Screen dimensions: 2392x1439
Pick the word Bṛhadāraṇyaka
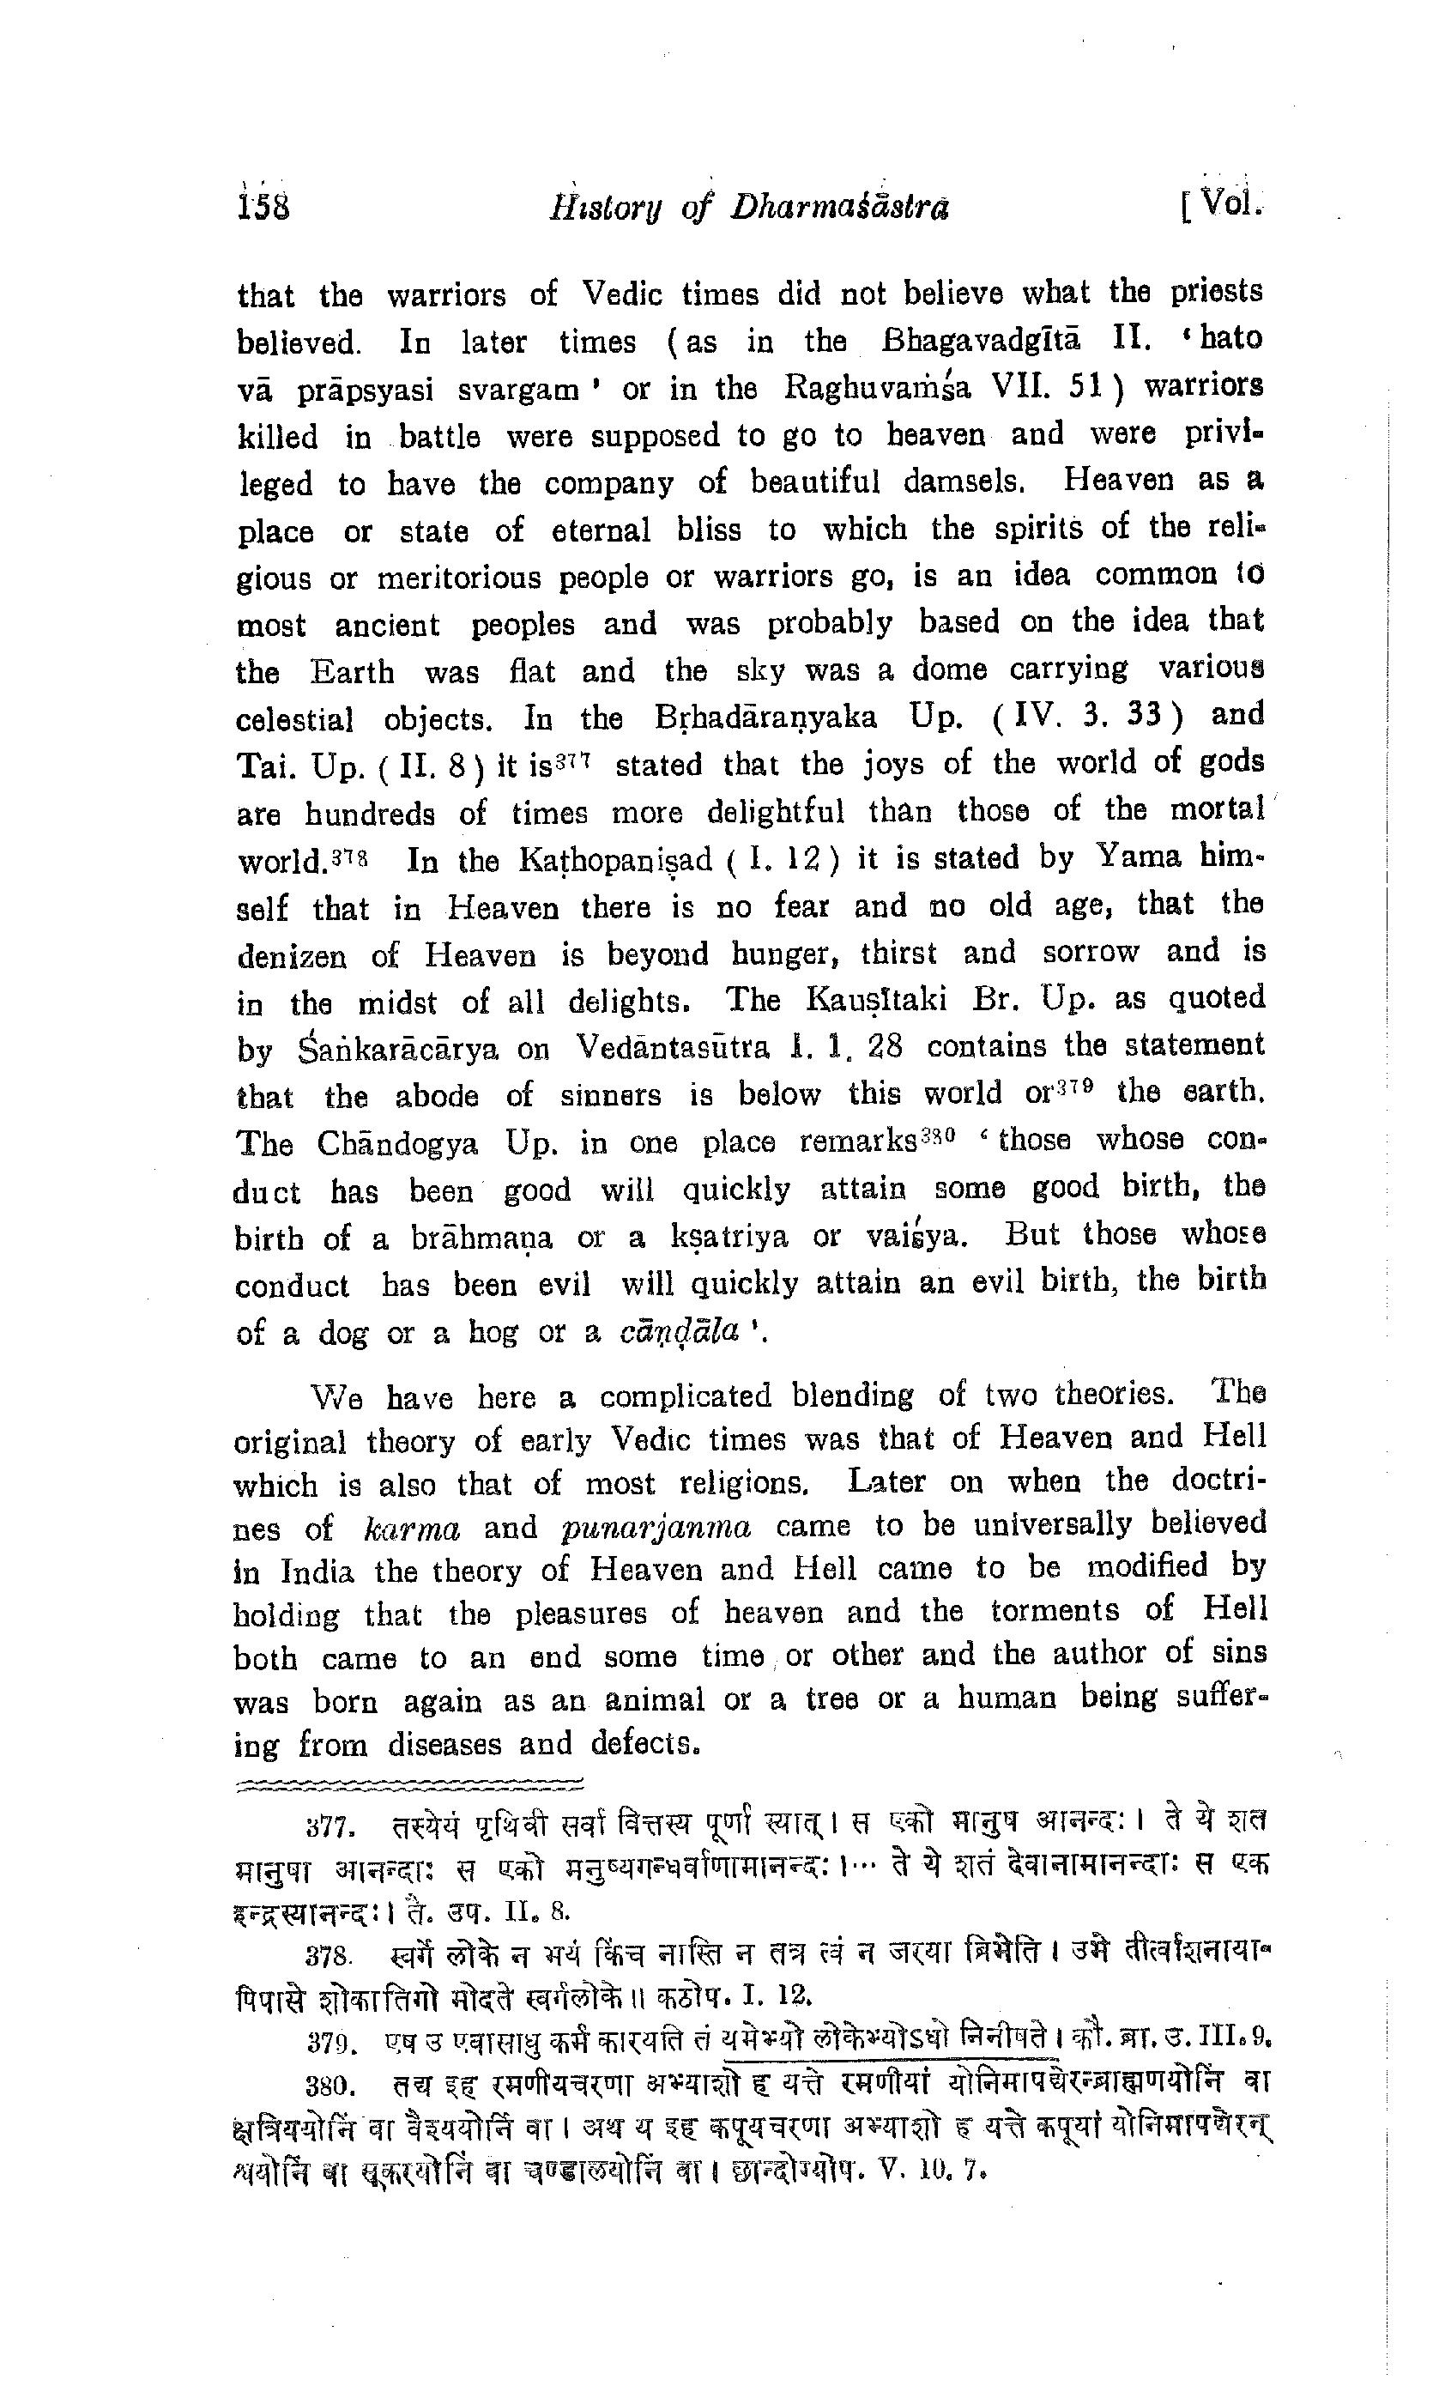pos(765,718)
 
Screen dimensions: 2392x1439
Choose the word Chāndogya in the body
pos(397,1144)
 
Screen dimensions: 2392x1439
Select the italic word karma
pos(411,1529)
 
